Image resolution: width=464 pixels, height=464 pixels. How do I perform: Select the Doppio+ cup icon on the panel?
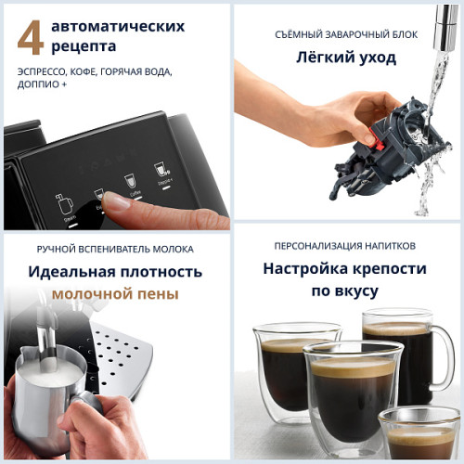[161, 173]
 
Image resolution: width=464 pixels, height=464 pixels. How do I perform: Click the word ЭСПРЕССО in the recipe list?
[45, 71]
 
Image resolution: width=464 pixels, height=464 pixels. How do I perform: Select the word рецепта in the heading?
[84, 45]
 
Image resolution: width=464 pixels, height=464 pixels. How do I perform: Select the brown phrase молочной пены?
[115, 293]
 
